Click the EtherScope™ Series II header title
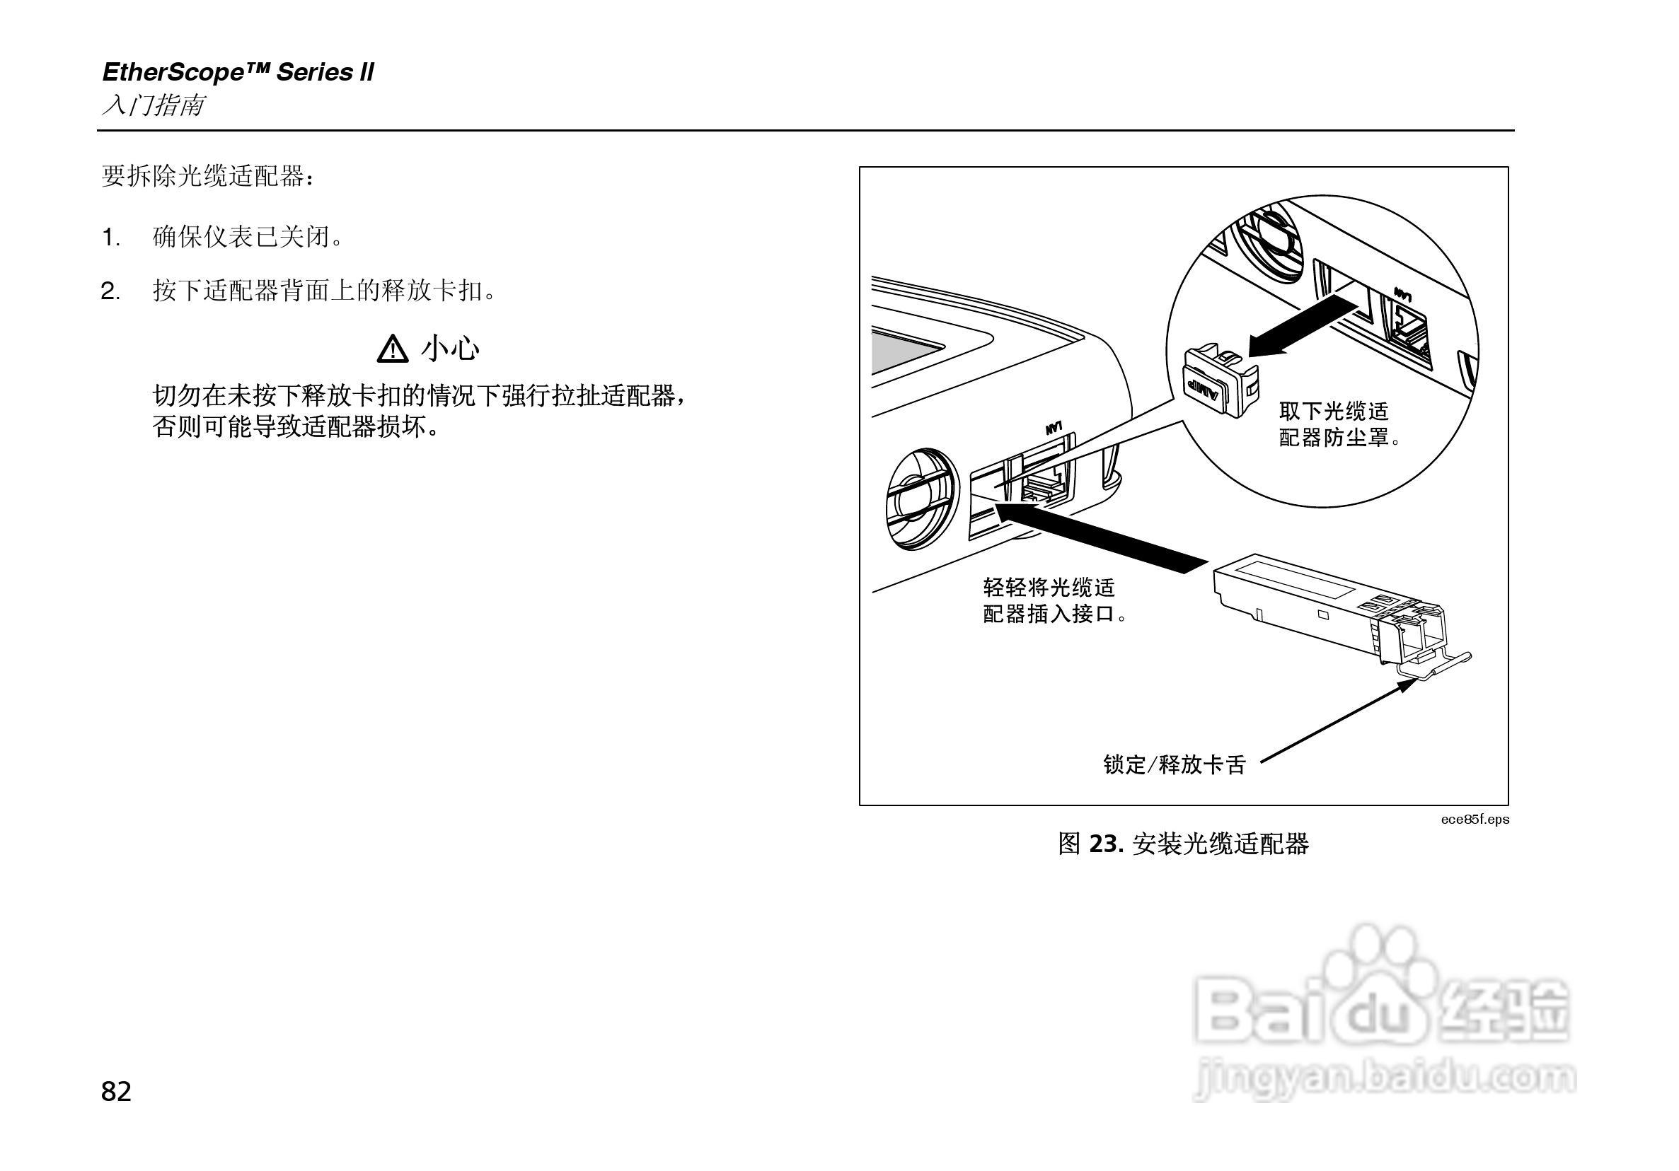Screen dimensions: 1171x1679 click(x=238, y=72)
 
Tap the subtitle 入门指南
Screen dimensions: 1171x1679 click(x=153, y=106)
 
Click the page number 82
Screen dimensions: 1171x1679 click(x=116, y=1091)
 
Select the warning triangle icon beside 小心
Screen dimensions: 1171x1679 click(x=393, y=349)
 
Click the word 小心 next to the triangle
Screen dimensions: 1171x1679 click(x=451, y=349)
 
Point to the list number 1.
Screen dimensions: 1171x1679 click(x=110, y=238)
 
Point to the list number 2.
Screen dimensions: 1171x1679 click(x=110, y=291)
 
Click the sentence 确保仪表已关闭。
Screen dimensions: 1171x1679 click(x=248, y=238)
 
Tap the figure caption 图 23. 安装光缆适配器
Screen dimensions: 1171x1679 click(x=1183, y=844)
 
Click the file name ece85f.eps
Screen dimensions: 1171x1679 click(x=1475, y=820)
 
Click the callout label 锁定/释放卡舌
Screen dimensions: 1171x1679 click(x=1174, y=765)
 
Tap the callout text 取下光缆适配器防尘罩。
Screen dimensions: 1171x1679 click(x=1338, y=425)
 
